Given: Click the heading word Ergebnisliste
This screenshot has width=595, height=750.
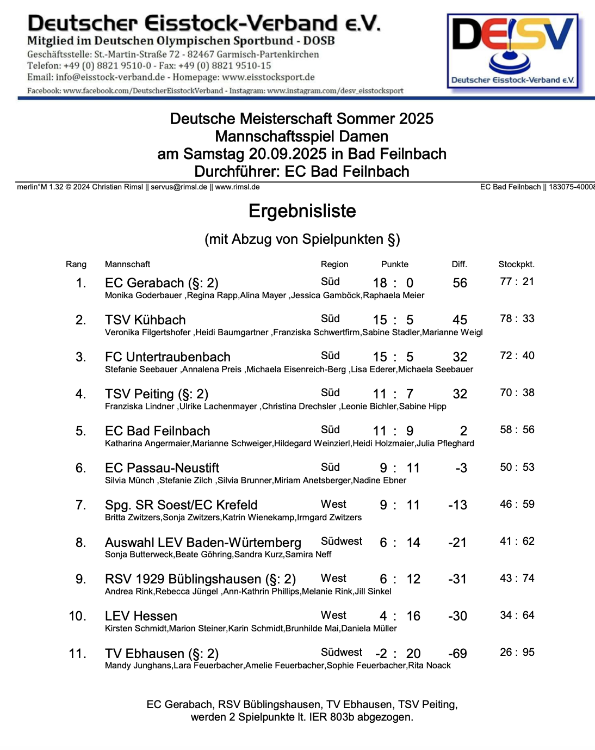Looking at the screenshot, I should pyautogui.click(x=302, y=211).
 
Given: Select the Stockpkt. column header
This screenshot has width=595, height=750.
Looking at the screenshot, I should pyautogui.click(x=516, y=265).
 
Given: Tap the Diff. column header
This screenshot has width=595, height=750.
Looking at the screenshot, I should pyautogui.click(x=459, y=265).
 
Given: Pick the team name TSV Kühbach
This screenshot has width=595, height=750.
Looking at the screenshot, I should pyautogui.click(x=145, y=320).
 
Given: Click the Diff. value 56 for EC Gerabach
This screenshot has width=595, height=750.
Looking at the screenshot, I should pyautogui.click(x=460, y=283).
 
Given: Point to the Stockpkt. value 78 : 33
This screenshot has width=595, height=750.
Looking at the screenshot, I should pyautogui.click(x=517, y=319).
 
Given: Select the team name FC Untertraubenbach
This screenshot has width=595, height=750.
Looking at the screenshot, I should pyautogui.click(x=168, y=357).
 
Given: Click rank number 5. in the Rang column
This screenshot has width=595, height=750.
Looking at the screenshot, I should pyautogui.click(x=80, y=431).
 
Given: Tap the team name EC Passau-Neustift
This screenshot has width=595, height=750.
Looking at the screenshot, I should pyautogui.click(x=162, y=468).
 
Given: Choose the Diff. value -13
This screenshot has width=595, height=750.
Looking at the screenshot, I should pyautogui.click(x=457, y=505).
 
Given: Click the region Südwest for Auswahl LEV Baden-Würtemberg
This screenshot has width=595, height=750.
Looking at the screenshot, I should pyautogui.click(x=341, y=542).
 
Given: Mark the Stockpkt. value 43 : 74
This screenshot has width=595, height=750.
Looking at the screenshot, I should pyautogui.click(x=517, y=579).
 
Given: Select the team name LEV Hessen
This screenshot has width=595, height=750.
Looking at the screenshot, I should pyautogui.click(x=141, y=616).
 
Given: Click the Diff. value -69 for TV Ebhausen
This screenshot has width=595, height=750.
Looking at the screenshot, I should pyautogui.click(x=457, y=654).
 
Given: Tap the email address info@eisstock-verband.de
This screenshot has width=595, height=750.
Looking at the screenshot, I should pyautogui.click(x=110, y=77).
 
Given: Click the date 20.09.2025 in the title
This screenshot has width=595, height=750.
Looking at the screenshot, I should pyautogui.click(x=288, y=154).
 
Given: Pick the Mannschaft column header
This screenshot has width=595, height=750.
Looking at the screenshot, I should pyautogui.click(x=127, y=265).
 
